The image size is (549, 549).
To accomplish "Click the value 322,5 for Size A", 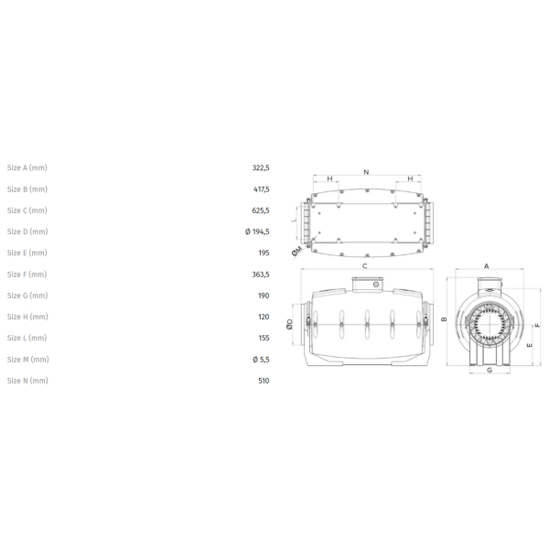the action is click(x=261, y=168).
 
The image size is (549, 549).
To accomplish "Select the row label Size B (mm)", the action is click(x=27, y=189).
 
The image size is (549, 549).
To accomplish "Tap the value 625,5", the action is click(x=261, y=210).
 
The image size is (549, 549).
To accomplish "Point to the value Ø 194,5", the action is click(x=257, y=231).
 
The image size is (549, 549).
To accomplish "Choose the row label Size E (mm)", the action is click(x=27, y=253).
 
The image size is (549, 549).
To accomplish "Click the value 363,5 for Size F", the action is click(x=261, y=274).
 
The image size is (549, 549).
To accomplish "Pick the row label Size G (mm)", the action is click(x=27, y=296).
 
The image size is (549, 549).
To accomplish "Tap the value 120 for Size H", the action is click(x=264, y=317).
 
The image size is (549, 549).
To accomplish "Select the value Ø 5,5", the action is click(x=261, y=360).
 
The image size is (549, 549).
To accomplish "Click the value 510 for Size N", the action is click(x=264, y=381).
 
